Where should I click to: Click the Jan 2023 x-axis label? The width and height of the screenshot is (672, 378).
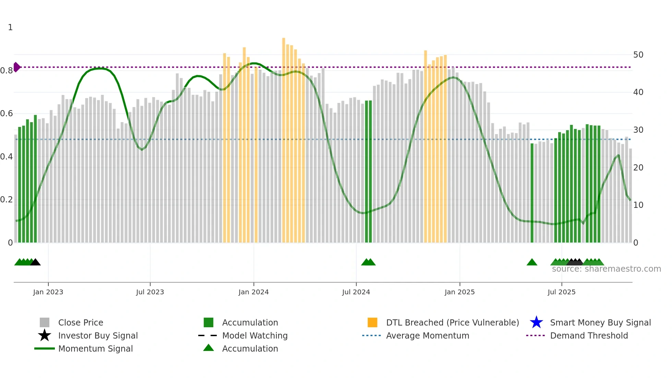(x=48, y=292)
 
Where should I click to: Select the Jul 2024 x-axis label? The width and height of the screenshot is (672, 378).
(x=356, y=292)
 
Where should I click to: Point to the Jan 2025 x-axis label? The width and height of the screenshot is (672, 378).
(x=459, y=292)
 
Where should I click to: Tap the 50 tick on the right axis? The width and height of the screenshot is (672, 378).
(x=638, y=55)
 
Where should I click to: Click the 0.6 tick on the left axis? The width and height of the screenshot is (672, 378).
(x=7, y=114)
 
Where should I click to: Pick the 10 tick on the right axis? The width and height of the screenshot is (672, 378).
(x=638, y=205)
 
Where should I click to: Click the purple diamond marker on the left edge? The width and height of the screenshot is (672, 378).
(x=16, y=67)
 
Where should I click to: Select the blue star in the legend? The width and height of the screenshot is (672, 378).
(x=536, y=322)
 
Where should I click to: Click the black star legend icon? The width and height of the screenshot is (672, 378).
(x=45, y=335)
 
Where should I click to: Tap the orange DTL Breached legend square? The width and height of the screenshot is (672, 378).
(x=372, y=322)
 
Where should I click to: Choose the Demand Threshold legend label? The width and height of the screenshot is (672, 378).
(x=589, y=335)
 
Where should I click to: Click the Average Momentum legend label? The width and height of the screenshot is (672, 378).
(x=428, y=335)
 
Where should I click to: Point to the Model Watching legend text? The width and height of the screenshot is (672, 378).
(x=255, y=335)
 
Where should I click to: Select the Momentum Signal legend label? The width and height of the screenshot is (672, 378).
(x=95, y=349)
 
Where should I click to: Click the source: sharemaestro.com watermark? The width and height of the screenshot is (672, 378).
(x=606, y=269)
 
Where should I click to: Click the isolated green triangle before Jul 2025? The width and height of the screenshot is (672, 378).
(x=532, y=262)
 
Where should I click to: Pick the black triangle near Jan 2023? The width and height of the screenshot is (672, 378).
(x=35, y=262)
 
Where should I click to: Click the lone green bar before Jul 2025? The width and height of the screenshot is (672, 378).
(x=532, y=192)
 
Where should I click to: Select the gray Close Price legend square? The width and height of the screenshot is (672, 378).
(x=45, y=322)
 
